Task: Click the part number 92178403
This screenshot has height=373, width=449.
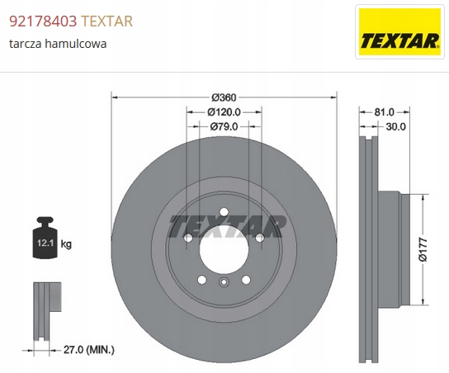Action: tap(43, 21)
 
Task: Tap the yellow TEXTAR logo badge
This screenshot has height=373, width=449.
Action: tap(399, 32)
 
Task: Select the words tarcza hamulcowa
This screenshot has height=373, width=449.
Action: tap(58, 44)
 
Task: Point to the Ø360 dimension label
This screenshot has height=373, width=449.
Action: tap(224, 97)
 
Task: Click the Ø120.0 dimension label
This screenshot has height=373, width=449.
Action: tap(224, 112)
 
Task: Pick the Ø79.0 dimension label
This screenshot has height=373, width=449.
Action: tap(224, 126)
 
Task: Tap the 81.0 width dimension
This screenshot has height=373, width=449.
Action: tap(385, 112)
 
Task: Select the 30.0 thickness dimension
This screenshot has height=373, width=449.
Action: tap(395, 126)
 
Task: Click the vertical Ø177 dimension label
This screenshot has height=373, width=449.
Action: tap(423, 249)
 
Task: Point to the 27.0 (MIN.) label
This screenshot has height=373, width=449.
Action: tap(89, 350)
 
